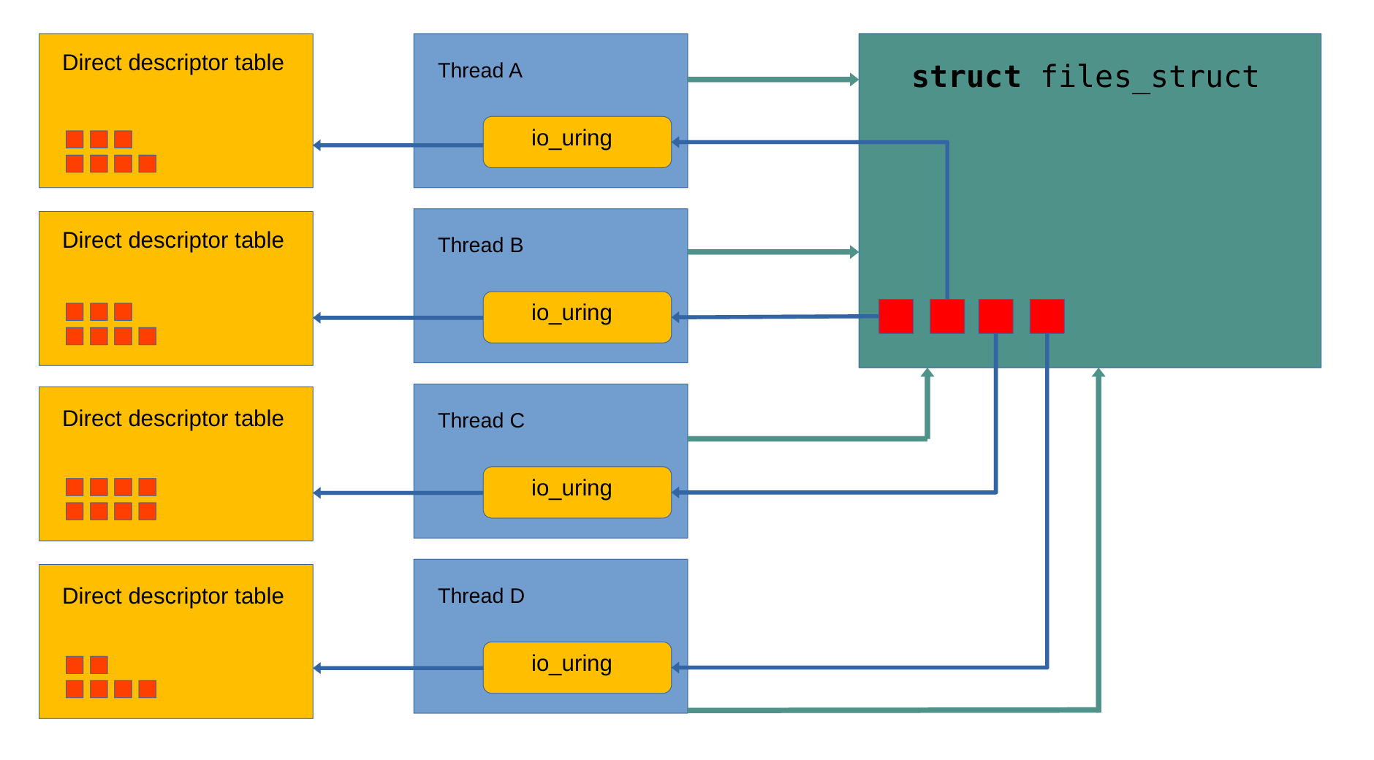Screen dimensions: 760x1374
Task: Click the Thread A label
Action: (479, 71)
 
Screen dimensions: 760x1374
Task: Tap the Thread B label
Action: (480, 246)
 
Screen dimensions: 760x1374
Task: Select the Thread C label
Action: (481, 421)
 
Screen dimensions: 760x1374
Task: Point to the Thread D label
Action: (481, 596)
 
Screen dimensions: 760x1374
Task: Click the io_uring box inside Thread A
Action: (577, 142)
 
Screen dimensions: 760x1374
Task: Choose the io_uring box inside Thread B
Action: (577, 317)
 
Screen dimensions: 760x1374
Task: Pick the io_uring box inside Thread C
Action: (577, 493)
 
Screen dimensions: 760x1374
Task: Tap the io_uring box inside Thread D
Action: (577, 667)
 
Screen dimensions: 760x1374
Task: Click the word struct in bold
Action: (965, 77)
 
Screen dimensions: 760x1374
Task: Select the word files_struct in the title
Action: (1149, 77)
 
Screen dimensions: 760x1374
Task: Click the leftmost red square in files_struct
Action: (895, 316)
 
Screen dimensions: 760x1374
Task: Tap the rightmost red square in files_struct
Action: (1047, 316)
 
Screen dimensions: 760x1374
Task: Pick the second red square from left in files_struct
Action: (947, 316)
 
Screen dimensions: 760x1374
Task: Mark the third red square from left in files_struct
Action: (995, 316)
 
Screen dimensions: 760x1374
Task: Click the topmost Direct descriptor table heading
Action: (172, 63)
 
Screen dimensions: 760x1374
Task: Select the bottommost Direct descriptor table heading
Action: (172, 596)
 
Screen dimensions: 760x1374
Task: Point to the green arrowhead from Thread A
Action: (854, 79)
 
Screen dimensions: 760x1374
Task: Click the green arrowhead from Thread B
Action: (854, 252)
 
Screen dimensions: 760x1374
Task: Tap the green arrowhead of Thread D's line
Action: (1098, 373)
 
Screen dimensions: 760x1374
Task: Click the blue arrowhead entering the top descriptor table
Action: (317, 145)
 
